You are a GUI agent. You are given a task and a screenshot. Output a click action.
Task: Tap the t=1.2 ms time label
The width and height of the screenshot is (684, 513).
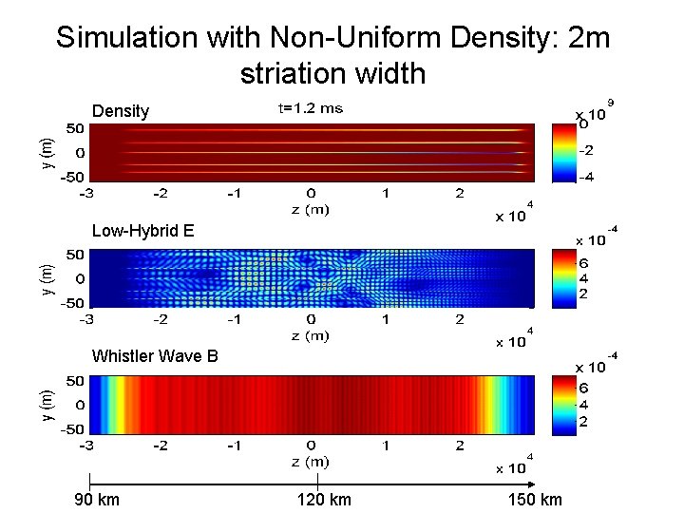[x=310, y=108]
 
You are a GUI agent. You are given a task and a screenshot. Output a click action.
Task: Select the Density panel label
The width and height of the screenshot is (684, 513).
[x=121, y=111]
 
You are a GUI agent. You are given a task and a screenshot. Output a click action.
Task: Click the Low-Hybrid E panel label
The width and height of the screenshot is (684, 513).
[x=142, y=230]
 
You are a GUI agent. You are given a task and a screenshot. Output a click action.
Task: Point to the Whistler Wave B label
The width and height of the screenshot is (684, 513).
[x=155, y=356]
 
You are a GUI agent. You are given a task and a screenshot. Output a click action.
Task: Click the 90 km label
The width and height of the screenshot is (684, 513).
[x=97, y=500]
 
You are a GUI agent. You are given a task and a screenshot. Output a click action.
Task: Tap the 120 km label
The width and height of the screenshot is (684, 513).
[x=324, y=500]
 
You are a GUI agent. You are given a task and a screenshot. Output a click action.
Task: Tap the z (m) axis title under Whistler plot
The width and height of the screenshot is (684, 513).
[x=310, y=462]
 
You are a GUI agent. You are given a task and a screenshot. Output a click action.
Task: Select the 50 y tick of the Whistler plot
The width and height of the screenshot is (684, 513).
[x=73, y=381]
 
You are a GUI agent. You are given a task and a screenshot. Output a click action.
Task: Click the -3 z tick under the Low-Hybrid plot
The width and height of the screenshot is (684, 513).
[x=85, y=320]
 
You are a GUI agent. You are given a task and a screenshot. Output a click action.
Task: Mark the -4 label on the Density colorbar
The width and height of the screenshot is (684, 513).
[x=589, y=177]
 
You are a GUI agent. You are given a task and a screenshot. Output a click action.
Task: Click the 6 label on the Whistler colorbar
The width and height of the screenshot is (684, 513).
[x=586, y=388]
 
